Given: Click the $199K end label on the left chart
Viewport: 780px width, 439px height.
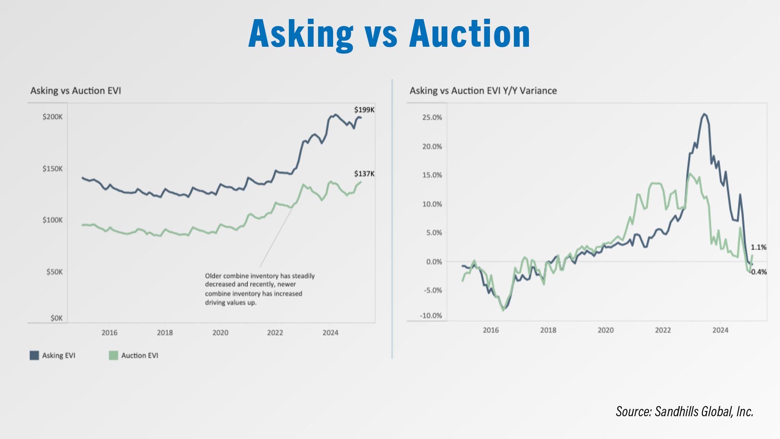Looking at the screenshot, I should [364, 110].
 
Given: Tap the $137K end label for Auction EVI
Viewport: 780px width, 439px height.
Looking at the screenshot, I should [364, 174].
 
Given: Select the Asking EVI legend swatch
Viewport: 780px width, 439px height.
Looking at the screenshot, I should [34, 356].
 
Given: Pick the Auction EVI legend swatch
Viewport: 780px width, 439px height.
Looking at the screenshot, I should [113, 356].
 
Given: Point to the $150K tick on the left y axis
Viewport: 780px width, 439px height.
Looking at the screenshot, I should [53, 169].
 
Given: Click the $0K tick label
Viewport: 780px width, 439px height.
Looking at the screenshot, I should [56, 318].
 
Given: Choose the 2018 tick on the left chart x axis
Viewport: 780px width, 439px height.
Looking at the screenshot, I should [165, 333].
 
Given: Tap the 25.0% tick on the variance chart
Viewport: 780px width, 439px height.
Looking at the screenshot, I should [432, 117].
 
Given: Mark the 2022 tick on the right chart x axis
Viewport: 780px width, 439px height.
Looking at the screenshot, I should [663, 330].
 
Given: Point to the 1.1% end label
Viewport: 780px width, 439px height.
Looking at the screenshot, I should [758, 248].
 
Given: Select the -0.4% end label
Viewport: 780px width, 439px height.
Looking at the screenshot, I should [758, 272].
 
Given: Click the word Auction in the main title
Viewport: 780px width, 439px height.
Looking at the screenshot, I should [469, 34].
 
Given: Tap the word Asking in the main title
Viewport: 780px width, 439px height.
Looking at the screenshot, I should [301, 35].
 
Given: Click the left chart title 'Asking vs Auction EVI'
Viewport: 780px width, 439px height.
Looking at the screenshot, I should [76, 91].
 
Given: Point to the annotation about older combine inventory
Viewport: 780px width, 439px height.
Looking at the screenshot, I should [260, 289].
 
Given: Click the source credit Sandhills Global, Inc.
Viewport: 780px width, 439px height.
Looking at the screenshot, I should [685, 412].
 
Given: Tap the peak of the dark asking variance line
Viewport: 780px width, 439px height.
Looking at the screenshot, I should [704, 114].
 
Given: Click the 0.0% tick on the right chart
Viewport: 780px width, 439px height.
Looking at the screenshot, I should [434, 262].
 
